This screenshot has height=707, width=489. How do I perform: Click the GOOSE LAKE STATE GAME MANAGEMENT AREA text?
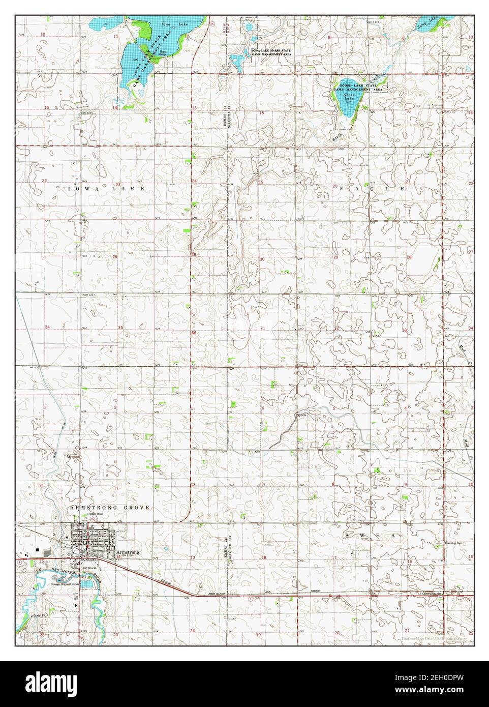point(358,87)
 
